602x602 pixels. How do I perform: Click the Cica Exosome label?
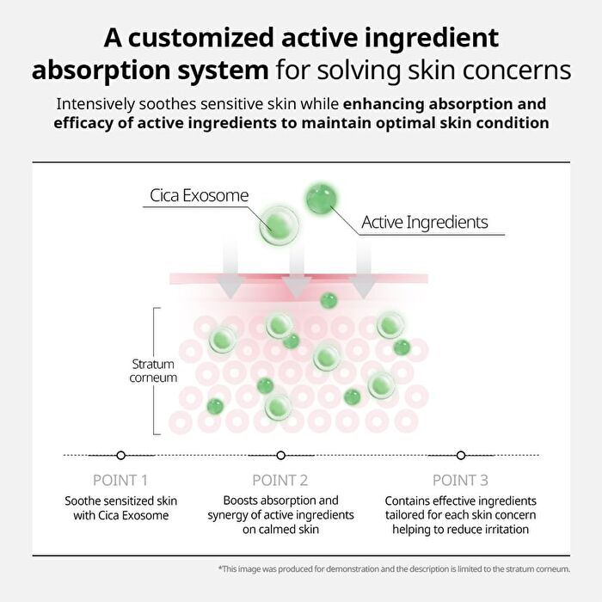[x=199, y=195]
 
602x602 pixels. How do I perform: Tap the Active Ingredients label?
[x=425, y=222]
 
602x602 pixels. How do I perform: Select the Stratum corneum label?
[x=153, y=371]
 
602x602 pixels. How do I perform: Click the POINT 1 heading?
[x=120, y=480]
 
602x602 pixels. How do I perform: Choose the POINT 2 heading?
[x=279, y=480]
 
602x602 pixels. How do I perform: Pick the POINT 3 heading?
[x=460, y=480]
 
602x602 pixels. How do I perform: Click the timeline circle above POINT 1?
[x=121, y=455]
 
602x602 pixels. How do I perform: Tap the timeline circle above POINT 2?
[x=280, y=455]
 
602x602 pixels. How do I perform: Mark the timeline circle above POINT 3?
[x=461, y=455]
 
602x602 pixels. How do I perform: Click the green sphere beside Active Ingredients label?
[x=322, y=200]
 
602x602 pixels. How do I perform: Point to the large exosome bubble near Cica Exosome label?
[x=279, y=225]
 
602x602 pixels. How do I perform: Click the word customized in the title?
[x=201, y=38]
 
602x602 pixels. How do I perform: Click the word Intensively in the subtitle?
[x=95, y=104]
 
